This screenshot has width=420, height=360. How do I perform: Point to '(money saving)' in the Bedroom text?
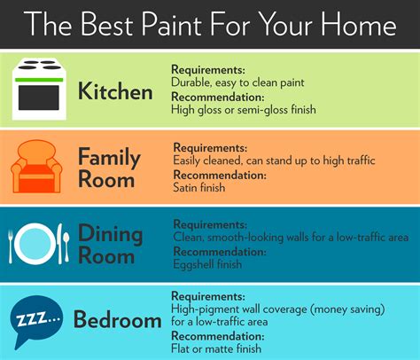pyautogui.click(x=344, y=308)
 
